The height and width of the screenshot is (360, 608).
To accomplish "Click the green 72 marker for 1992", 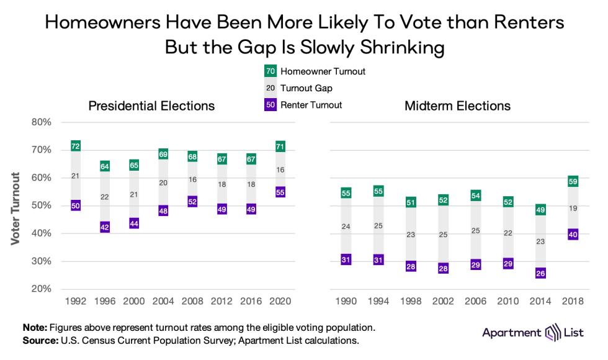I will [x=76, y=146].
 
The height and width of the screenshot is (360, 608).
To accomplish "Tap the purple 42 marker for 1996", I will [x=104, y=227].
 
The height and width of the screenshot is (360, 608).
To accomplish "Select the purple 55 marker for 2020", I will [x=280, y=192].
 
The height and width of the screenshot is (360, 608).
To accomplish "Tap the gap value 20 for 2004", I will [x=163, y=182].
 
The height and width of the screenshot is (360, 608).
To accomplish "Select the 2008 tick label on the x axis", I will [x=192, y=301].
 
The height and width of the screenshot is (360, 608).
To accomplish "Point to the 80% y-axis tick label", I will [x=41, y=122].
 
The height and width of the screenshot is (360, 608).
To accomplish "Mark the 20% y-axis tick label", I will [x=41, y=289].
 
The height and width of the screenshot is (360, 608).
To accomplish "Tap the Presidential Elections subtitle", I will [x=151, y=106].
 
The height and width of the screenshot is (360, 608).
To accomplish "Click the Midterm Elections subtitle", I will [x=457, y=106].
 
